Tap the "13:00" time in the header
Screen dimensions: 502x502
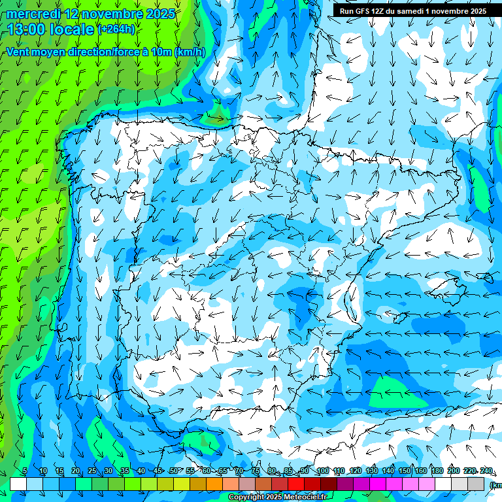pos(26,29)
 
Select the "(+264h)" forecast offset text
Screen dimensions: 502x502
pos(117,29)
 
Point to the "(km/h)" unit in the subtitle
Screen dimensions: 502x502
pos(190,52)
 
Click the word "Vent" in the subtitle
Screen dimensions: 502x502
pos(18,52)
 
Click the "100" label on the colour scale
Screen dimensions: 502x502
pos(322,471)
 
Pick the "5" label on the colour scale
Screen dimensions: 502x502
pos(25,471)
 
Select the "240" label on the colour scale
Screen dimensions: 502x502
pos(486,471)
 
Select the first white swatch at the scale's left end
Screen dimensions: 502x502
pos(18,484)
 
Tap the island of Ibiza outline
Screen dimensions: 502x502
pos(400,318)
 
